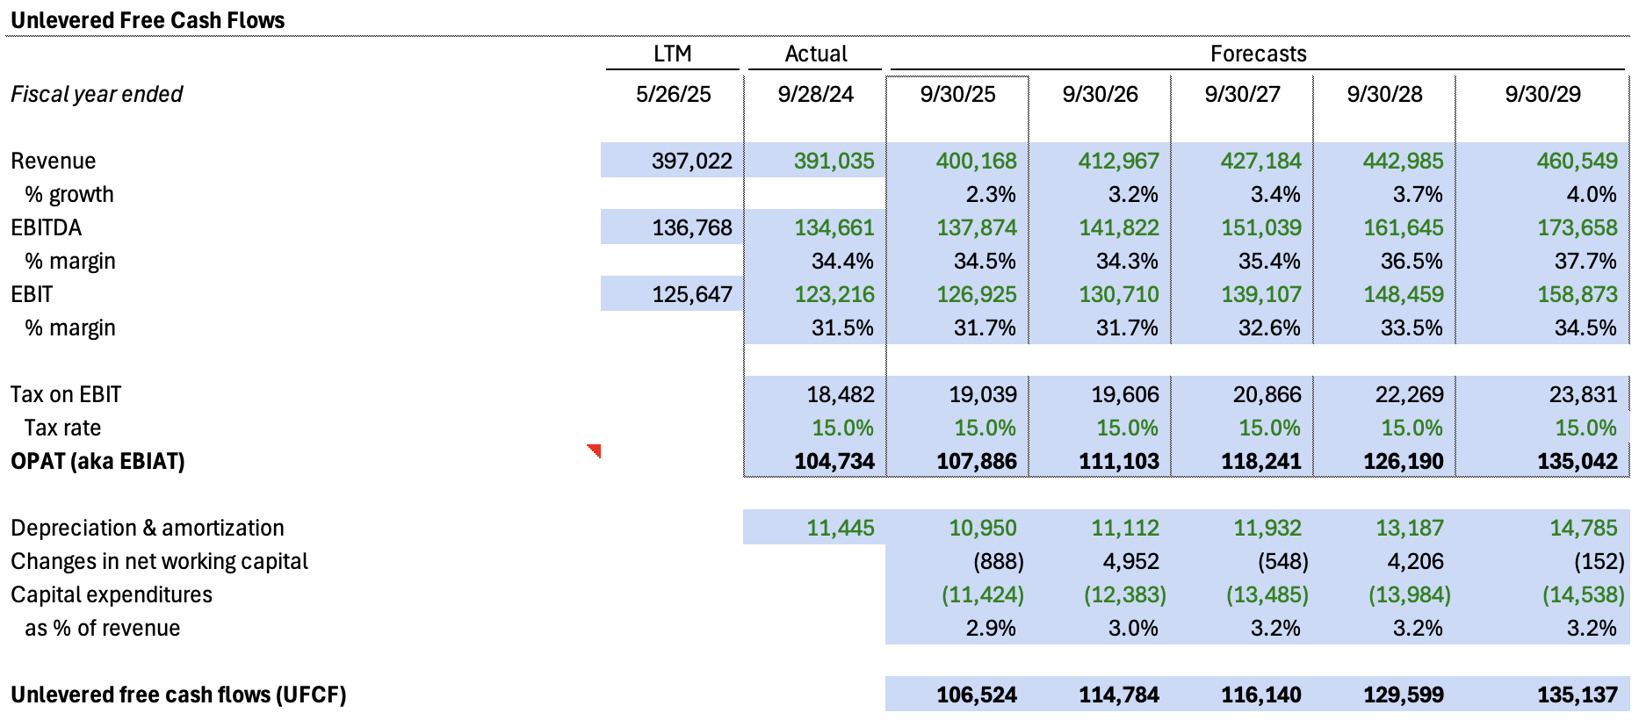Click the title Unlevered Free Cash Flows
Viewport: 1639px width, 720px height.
tap(148, 20)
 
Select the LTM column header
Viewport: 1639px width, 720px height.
tap(672, 54)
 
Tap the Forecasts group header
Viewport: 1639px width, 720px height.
tap(1258, 54)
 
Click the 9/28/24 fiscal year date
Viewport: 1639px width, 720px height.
tap(815, 94)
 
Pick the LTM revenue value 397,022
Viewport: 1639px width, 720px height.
tap(691, 161)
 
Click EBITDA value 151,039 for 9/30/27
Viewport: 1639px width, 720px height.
tap(1260, 227)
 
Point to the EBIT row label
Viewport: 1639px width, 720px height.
tap(32, 294)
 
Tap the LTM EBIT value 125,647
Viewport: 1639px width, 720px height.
tap(691, 294)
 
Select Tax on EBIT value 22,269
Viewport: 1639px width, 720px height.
tap(1409, 394)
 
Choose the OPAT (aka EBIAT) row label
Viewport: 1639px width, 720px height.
tap(97, 461)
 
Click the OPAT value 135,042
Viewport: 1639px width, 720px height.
tap(1577, 461)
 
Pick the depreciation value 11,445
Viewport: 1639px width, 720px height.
tap(840, 528)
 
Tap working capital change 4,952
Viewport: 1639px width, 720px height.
tap(1124, 561)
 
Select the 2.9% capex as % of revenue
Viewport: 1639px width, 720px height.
tap(990, 628)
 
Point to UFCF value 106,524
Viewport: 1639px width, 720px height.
tap(976, 695)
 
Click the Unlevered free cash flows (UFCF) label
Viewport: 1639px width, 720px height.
tap(178, 695)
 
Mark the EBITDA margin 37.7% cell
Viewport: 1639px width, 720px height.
tap(1585, 261)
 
